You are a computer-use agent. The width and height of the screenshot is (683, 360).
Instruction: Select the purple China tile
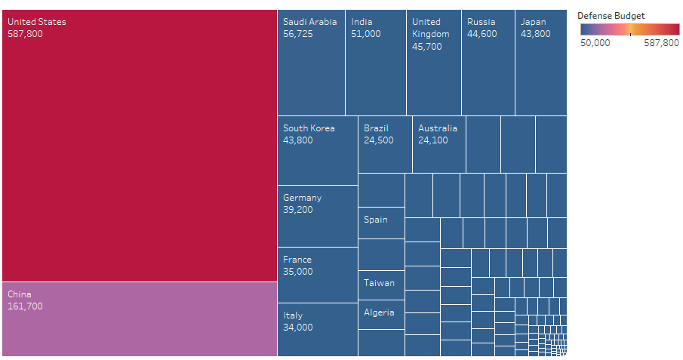(x=140, y=318)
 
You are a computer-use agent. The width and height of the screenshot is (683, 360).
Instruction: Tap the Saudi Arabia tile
(x=311, y=63)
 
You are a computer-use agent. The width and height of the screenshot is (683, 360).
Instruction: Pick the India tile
(x=376, y=63)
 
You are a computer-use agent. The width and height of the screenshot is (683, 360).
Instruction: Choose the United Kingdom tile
(x=434, y=63)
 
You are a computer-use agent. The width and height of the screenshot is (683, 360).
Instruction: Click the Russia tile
(x=488, y=63)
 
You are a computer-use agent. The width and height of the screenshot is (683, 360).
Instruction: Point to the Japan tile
(x=540, y=63)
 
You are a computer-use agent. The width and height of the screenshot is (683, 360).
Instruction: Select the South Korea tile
(x=317, y=150)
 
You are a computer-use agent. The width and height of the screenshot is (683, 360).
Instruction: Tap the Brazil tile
(x=385, y=144)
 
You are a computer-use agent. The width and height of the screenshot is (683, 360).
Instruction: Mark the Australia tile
(x=439, y=144)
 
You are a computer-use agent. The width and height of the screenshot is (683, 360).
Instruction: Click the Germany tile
(x=317, y=216)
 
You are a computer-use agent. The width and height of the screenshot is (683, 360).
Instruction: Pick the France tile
(x=317, y=275)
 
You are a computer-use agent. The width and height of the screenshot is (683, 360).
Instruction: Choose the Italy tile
(x=317, y=330)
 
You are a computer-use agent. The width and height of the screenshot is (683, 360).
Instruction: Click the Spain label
(x=376, y=220)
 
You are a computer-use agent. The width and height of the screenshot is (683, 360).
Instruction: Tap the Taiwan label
(x=379, y=283)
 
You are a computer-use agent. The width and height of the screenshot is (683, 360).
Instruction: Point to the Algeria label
(x=379, y=312)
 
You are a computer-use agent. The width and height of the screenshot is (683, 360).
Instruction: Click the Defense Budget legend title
(x=611, y=16)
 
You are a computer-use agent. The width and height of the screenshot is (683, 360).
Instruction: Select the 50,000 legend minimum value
(x=595, y=43)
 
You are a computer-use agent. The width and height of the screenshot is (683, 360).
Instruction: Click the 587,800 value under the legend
(x=661, y=43)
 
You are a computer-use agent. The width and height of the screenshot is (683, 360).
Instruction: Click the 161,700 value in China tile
(x=25, y=306)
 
